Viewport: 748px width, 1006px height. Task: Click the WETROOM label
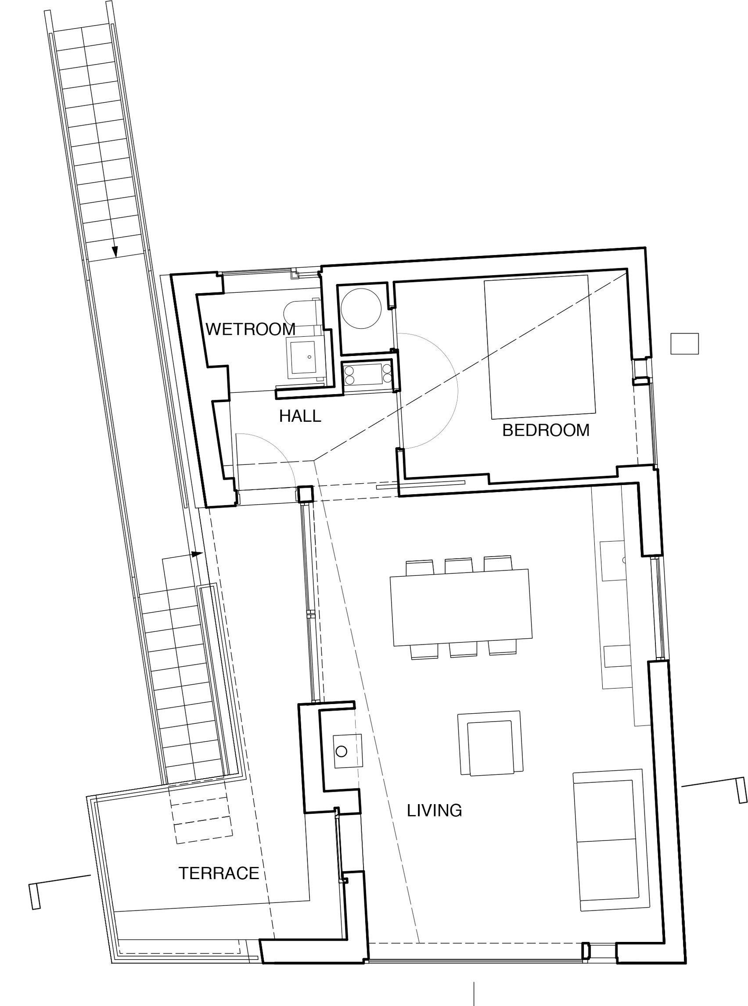(250, 329)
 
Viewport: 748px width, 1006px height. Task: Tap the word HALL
(300, 416)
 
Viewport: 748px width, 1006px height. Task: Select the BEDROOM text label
(546, 430)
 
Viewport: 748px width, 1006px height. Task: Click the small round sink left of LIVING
(342, 751)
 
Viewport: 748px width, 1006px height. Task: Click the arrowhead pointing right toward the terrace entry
(197, 554)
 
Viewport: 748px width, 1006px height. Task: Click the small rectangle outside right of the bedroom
(685, 344)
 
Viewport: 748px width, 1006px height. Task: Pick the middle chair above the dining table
(459, 566)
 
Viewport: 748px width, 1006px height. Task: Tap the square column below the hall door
(305, 494)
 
